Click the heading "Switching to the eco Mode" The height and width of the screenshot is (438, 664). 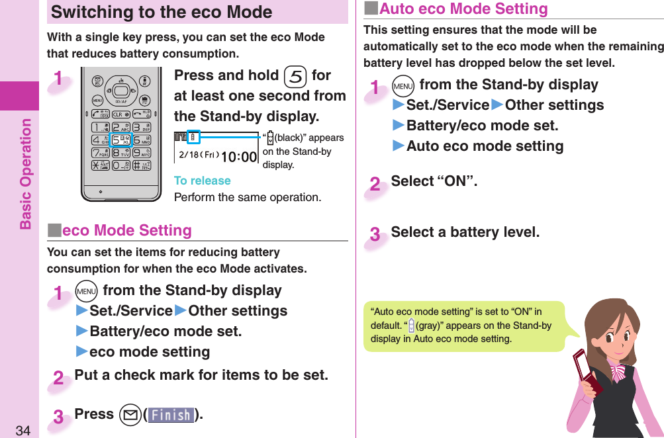pyautogui.click(x=162, y=12)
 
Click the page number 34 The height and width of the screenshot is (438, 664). pyautogui.click(x=23, y=431)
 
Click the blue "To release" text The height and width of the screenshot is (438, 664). pyautogui.click(x=202, y=181)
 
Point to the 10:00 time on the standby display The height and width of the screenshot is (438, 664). pyautogui.click(x=238, y=156)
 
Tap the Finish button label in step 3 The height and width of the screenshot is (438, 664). pyautogui.click(x=171, y=415)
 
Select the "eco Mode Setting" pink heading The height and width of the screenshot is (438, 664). pyautogui.click(x=126, y=230)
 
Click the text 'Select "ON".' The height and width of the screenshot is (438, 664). pyautogui.click(x=434, y=181)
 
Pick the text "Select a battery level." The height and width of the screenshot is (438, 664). pyautogui.click(x=465, y=232)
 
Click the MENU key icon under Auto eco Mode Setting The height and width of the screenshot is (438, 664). pyautogui.click(x=402, y=85)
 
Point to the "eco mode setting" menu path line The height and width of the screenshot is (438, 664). pyautogui.click(x=149, y=351)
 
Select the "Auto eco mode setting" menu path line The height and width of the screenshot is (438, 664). pyautogui.click(x=484, y=146)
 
